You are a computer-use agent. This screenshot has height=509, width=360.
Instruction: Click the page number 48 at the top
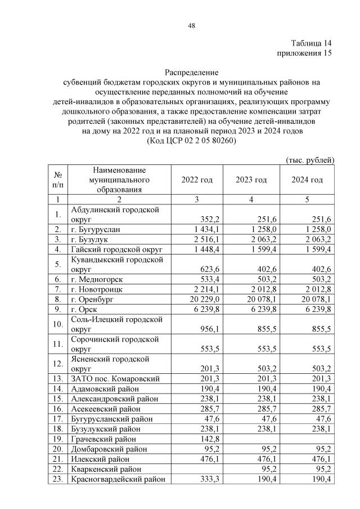click(191, 25)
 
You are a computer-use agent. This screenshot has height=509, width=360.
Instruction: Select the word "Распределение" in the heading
click(191, 72)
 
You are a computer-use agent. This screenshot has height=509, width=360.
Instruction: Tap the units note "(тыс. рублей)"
click(310, 160)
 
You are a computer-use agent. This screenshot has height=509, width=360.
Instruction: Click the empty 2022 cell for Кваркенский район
click(197, 469)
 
